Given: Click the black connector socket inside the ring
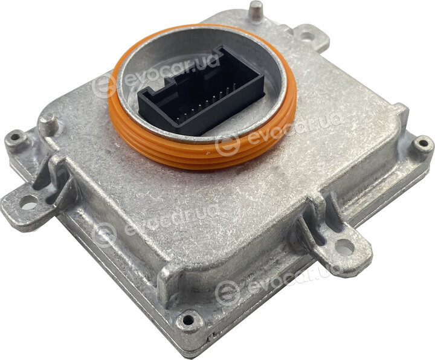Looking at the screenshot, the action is tap(202, 92).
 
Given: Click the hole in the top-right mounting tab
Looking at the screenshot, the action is tap(306, 36).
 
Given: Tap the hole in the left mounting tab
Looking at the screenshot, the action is tap(29, 202).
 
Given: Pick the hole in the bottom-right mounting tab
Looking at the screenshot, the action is tap(344, 248).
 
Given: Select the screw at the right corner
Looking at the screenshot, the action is tap(423, 143).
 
